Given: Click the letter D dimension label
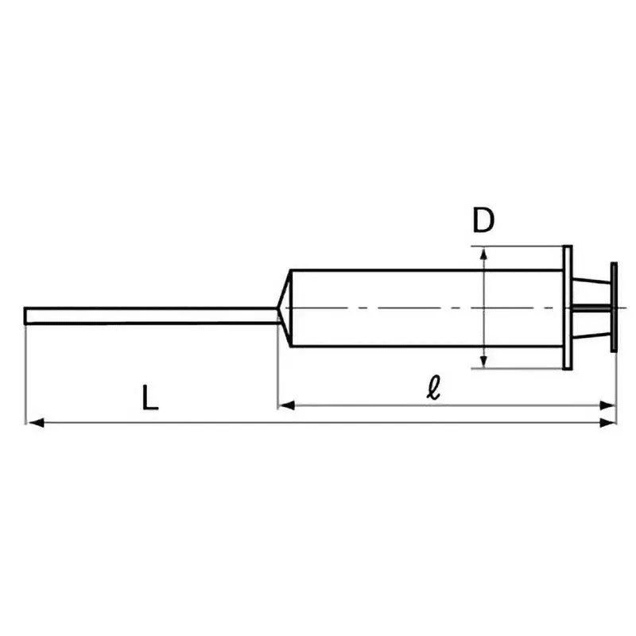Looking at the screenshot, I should click(483, 220).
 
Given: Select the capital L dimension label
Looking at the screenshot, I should click(150, 397).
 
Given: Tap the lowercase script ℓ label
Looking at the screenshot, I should click(433, 388).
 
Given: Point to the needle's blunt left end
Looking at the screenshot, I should click(27, 316).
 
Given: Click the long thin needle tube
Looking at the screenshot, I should click(151, 316).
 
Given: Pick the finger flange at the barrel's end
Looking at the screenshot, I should click(567, 308).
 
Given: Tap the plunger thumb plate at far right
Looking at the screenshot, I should click(615, 308).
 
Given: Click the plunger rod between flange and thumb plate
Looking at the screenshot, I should click(591, 308).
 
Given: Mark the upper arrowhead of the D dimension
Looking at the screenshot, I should click(483, 253).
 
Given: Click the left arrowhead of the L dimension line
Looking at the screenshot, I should click(34, 422).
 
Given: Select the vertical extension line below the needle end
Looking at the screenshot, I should click(26, 374).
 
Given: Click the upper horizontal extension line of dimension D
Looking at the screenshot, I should click(517, 246).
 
